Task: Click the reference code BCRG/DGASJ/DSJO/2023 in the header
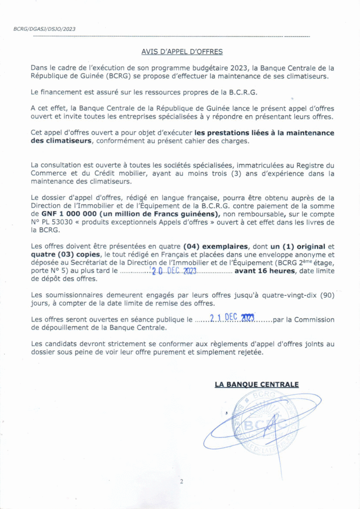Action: point(44,29)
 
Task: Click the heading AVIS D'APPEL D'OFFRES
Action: point(182,52)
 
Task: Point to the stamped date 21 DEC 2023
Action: point(233,319)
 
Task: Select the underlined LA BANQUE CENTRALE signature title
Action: point(257,384)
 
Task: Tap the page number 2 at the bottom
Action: point(181,481)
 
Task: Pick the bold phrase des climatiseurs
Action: point(61,141)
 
